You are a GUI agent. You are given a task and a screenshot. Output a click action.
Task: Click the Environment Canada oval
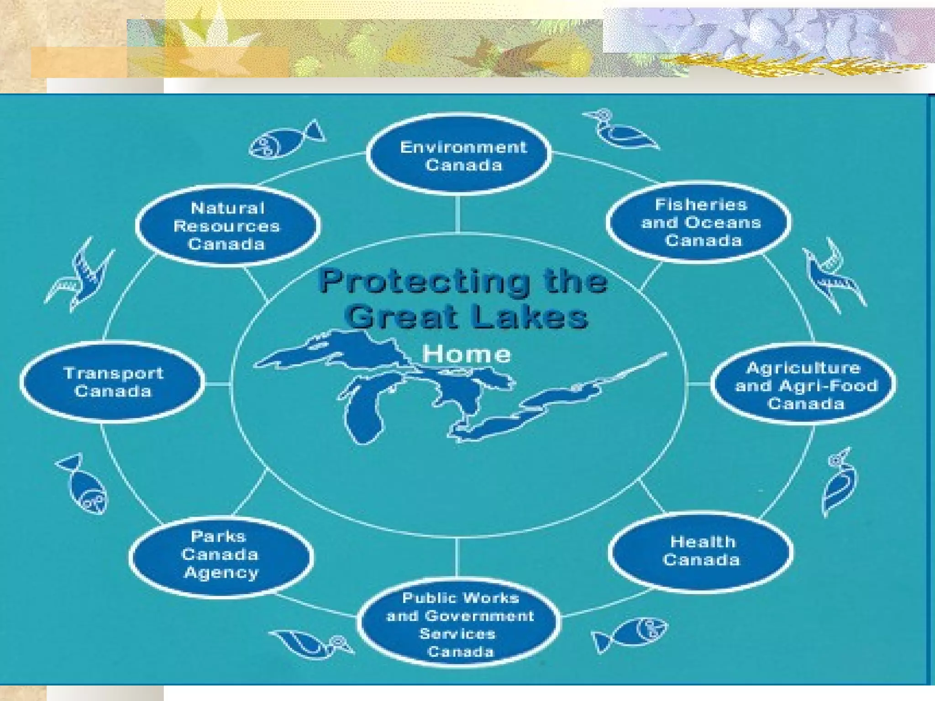459,155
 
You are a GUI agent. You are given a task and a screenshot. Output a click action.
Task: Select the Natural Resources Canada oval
227,226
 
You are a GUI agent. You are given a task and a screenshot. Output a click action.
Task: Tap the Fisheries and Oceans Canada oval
699,223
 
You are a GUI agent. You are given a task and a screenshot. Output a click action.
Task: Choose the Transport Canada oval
113,382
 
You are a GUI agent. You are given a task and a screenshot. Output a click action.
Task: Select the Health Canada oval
701,551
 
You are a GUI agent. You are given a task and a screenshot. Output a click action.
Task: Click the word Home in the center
466,354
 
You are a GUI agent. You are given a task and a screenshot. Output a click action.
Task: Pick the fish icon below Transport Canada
84,485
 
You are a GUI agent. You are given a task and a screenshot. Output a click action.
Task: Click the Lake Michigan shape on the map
365,411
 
